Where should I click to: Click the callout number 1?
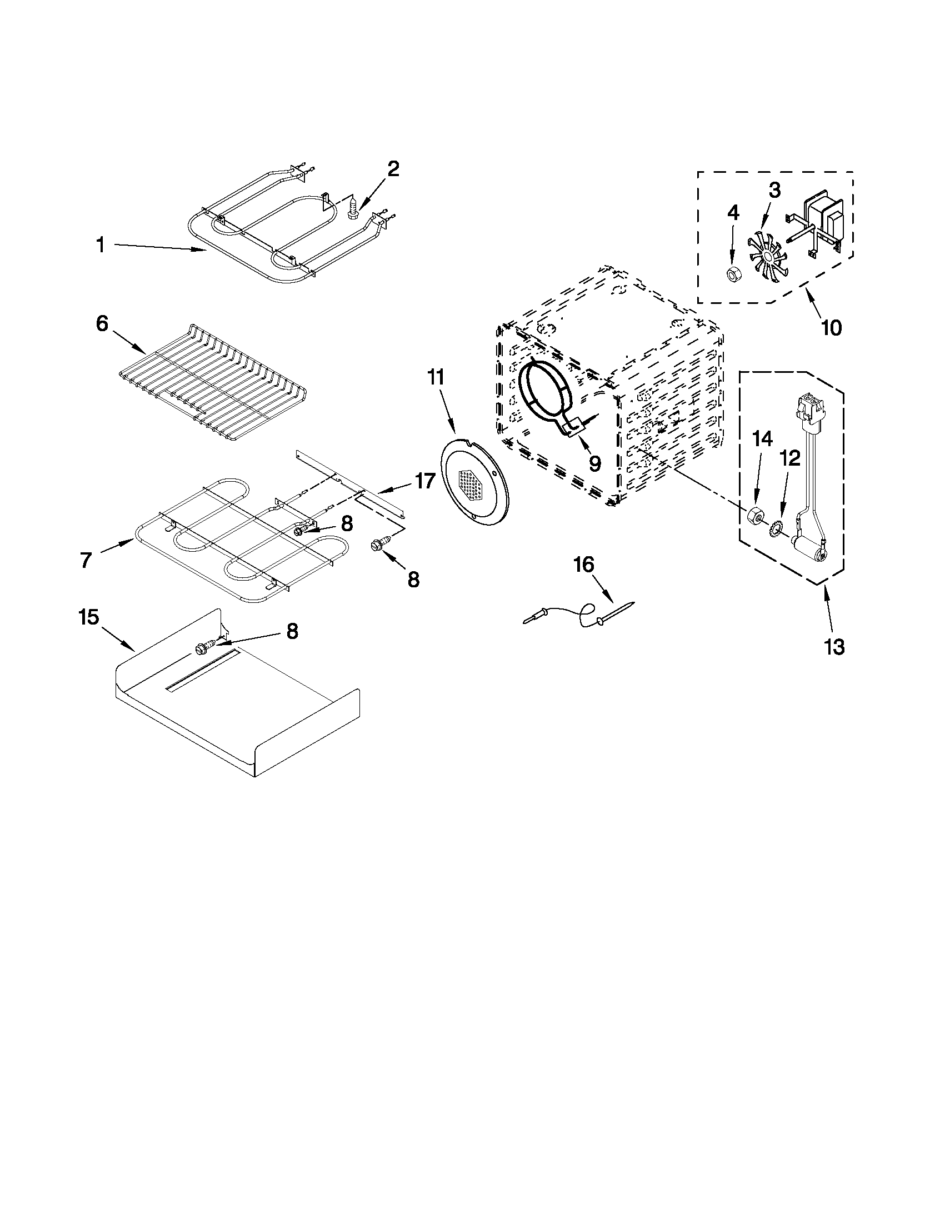pyautogui.click(x=101, y=244)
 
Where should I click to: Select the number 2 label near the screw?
pyautogui.click(x=393, y=168)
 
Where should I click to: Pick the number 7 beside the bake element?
pyautogui.click(x=85, y=560)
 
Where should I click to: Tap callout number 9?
pyautogui.click(x=594, y=462)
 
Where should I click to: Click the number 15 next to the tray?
pyautogui.click(x=89, y=618)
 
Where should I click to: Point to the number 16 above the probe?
pyautogui.click(x=583, y=565)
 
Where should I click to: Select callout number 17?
pyautogui.click(x=425, y=480)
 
